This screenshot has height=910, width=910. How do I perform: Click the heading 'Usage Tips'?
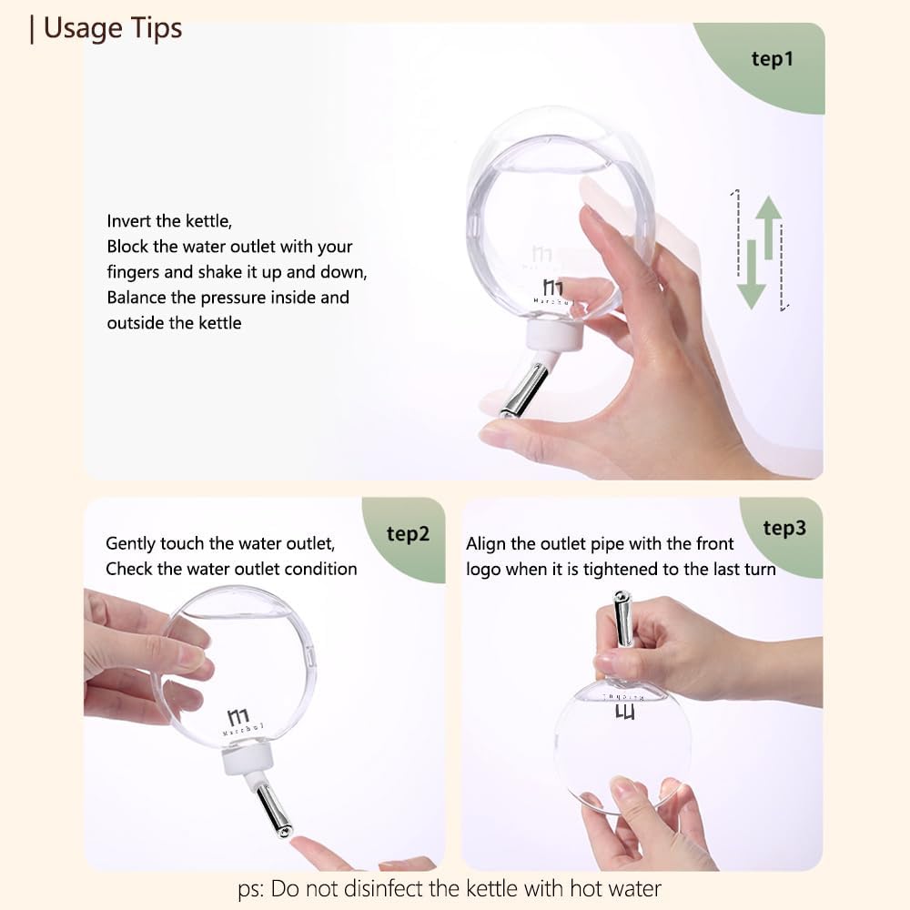[x=113, y=28]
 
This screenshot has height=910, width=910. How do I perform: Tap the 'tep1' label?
[x=772, y=58]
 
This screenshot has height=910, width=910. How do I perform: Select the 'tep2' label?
[x=408, y=534]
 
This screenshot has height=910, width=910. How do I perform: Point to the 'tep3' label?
[x=784, y=528]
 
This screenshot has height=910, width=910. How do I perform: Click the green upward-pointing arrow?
[x=769, y=227]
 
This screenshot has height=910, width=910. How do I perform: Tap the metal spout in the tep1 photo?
[x=524, y=389]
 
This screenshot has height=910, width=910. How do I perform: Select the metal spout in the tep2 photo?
[x=275, y=811]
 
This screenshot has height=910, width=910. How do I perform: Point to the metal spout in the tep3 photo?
[x=622, y=618]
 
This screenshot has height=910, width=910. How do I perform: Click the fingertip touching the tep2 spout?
[x=298, y=844]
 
